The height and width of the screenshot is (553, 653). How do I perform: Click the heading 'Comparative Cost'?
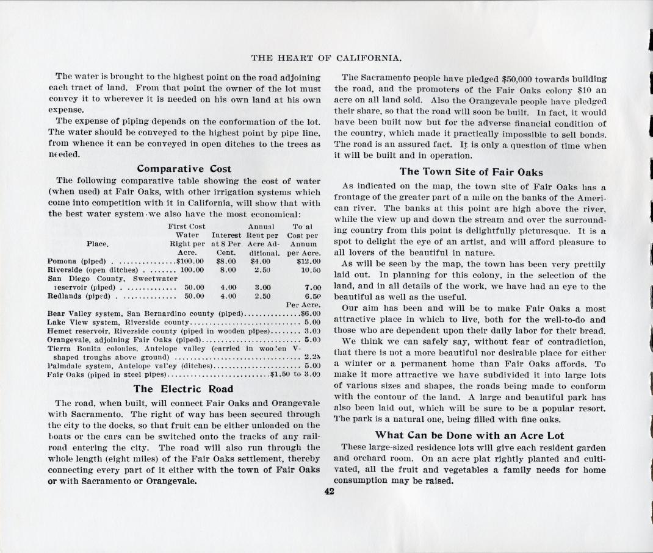click(x=184, y=168)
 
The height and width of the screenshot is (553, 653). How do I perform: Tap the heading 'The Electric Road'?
click(x=183, y=388)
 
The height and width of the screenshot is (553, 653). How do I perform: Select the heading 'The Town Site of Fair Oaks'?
click(x=471, y=172)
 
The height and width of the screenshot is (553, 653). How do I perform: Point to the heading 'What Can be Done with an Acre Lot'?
click(x=469, y=435)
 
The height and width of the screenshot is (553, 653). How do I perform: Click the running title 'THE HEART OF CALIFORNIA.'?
click(x=326, y=59)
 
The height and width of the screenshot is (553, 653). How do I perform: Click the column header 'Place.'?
click(x=98, y=244)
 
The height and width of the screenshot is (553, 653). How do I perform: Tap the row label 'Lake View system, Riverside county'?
click(x=119, y=322)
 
